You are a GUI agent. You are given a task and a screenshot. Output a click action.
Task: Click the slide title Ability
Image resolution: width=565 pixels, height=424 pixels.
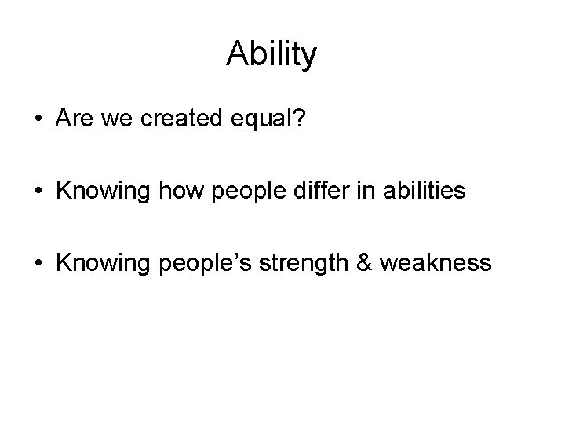coord(272,54)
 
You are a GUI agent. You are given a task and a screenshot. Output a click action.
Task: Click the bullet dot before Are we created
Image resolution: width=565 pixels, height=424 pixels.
coord(38,120)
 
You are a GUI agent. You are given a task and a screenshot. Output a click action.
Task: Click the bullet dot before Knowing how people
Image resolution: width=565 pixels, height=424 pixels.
coord(38,191)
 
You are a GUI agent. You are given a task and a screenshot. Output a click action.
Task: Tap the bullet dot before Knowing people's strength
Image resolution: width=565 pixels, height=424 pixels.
coord(38,261)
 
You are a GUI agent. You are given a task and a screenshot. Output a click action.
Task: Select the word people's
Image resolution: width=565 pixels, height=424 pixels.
coord(196,262)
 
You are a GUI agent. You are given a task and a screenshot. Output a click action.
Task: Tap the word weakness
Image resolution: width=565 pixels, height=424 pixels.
coord(436,261)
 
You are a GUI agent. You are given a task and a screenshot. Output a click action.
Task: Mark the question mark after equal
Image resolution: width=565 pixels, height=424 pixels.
coord(300,119)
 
